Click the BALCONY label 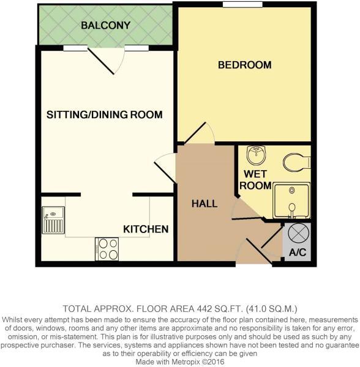106,26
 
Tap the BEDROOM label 245,65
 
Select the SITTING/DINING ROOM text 105,114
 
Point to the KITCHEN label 146,229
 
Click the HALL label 204,203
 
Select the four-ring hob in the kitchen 107,249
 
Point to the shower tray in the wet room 291,200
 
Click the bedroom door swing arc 202,133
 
